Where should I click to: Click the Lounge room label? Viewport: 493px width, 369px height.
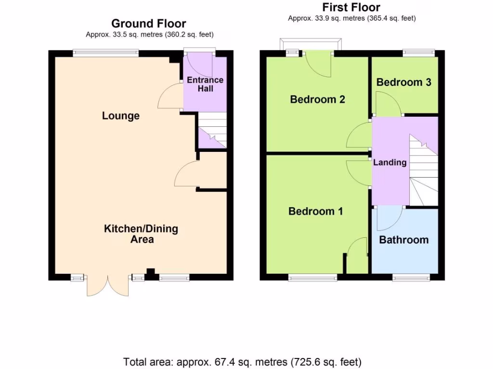[x=120, y=116]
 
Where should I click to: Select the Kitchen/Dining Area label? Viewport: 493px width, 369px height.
[x=141, y=234]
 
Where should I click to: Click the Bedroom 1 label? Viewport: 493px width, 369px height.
[x=315, y=211]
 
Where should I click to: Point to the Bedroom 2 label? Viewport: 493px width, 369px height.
[x=317, y=99]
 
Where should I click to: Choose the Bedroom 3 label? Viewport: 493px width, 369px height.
[x=403, y=82]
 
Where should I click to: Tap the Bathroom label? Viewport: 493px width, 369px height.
[x=403, y=240]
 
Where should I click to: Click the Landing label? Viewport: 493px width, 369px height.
[x=389, y=162]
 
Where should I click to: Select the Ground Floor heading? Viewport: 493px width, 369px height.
[x=148, y=24]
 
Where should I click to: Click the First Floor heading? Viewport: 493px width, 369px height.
[x=351, y=7]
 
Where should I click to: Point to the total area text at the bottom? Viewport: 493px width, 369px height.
[x=242, y=362]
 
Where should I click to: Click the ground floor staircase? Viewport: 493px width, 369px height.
[x=212, y=130]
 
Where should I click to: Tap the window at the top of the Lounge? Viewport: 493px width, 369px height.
[x=106, y=54]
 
